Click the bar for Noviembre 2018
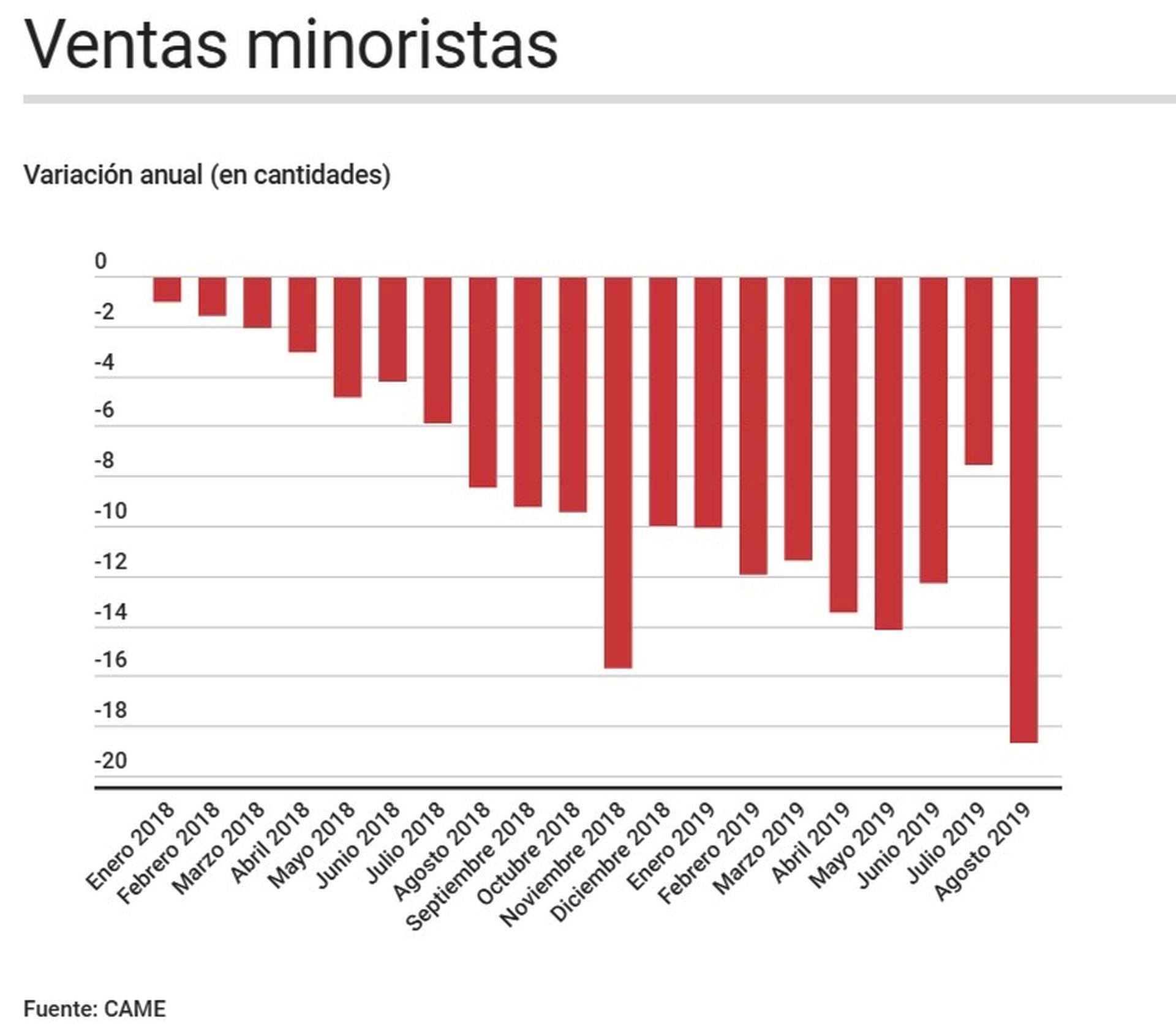coord(617,472)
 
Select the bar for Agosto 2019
coord(1023,509)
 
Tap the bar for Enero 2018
coord(167,289)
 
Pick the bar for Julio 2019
coord(978,371)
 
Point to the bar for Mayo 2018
coord(347,337)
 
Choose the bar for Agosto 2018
coord(483,382)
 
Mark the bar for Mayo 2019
coord(888,453)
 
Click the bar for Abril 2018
coord(302,314)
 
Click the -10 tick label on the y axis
coord(111,511)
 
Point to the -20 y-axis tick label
coord(111,761)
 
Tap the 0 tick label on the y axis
coord(100,262)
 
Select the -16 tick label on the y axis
coord(111,660)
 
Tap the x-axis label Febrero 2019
coord(709,852)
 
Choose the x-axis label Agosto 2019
coord(982,851)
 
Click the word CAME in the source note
coord(135,1008)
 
